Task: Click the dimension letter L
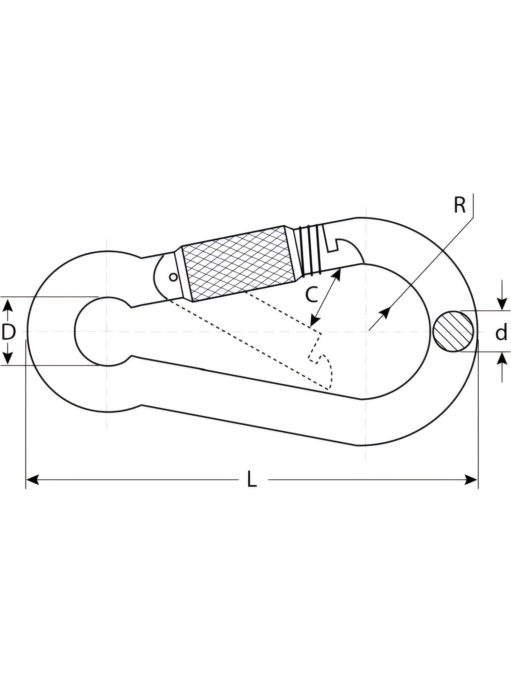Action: pyautogui.click(x=252, y=479)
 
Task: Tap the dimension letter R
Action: pyautogui.click(x=460, y=205)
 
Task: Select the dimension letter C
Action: pyautogui.click(x=311, y=295)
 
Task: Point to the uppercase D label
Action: pyautogui.click(x=9, y=332)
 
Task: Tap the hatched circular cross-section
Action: pyautogui.click(x=454, y=331)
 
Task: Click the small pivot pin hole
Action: pyautogui.click(x=173, y=277)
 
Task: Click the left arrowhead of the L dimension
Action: pyautogui.click(x=31, y=479)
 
